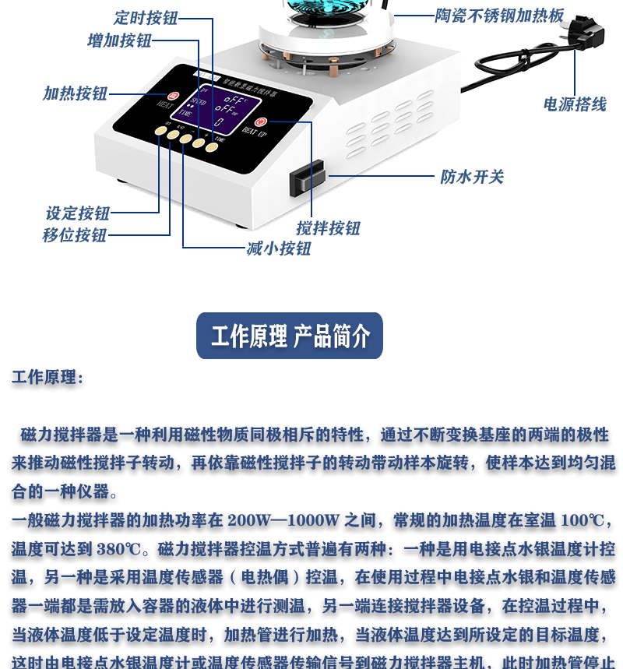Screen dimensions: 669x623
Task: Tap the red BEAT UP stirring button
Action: pyautogui.click(x=261, y=121)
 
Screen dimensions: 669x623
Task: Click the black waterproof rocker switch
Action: pyautogui.click(x=307, y=178)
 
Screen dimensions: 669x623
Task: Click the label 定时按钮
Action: pyautogui.click(x=146, y=18)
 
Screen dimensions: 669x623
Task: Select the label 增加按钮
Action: pyautogui.click(x=119, y=40)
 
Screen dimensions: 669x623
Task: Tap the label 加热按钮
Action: pyautogui.click(x=75, y=93)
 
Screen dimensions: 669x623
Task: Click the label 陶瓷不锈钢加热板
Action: pyautogui.click(x=499, y=15)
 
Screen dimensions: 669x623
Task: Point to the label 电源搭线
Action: pyautogui.click(x=575, y=104)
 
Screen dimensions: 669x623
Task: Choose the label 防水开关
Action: pyautogui.click(x=472, y=177)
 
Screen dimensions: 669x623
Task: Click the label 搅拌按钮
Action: pyautogui.click(x=328, y=228)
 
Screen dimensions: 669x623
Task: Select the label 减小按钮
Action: pyautogui.click(x=279, y=248)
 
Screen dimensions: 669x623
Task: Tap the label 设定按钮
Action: pyautogui.click(x=78, y=213)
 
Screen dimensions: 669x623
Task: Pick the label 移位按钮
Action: pyautogui.click(x=75, y=235)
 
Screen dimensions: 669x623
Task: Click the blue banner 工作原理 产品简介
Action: pyautogui.click(x=290, y=336)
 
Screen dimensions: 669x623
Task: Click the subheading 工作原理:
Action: pyautogui.click(x=47, y=378)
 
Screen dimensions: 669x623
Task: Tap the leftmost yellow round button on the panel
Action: pyautogui.click(x=160, y=132)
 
